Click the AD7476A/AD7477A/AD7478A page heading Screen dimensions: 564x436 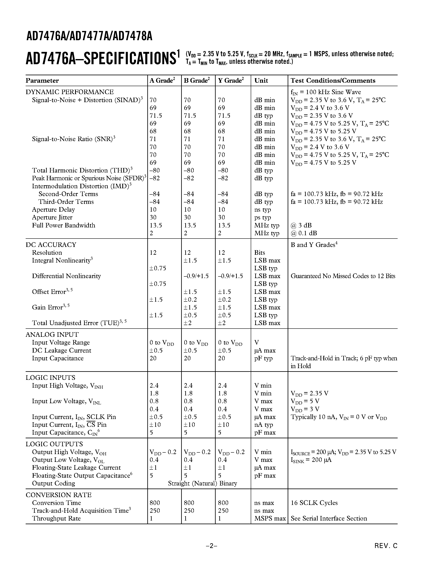[89, 37]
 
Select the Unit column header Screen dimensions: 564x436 [261, 81]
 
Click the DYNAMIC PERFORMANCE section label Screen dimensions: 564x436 [70, 92]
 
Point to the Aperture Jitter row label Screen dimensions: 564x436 [52, 217]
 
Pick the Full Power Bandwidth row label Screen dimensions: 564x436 [64, 225]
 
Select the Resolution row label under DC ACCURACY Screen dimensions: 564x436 [47, 252]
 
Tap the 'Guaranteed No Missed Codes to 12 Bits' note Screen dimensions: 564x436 [343, 276]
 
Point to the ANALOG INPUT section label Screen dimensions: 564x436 [52, 335]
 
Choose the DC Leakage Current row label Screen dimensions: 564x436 [62, 351]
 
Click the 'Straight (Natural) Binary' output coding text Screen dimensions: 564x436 [202, 483]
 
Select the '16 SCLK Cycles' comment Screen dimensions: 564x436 [314, 503]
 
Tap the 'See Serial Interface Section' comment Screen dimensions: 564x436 [328, 518]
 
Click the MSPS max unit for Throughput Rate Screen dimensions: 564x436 [270, 518]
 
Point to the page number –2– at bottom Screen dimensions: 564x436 [212, 546]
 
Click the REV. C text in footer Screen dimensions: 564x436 [386, 546]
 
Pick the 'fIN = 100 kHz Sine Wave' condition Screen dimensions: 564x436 [326, 92]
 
